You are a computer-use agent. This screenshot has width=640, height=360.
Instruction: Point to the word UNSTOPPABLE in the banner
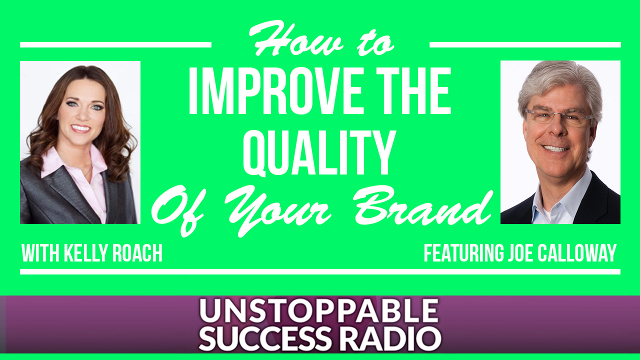coord(319,311)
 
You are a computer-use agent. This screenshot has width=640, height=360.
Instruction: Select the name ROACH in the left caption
coord(137,253)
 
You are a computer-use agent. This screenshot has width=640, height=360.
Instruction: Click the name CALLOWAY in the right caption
coord(577,253)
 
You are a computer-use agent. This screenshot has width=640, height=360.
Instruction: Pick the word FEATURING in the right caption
coord(463,253)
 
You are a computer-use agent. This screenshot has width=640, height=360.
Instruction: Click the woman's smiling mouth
coord(80,128)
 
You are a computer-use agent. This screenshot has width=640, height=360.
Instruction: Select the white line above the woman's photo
coord(115,45)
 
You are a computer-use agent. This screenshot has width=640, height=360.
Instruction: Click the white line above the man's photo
coord(525,45)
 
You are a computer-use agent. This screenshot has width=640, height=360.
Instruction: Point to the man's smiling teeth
coord(555,148)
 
